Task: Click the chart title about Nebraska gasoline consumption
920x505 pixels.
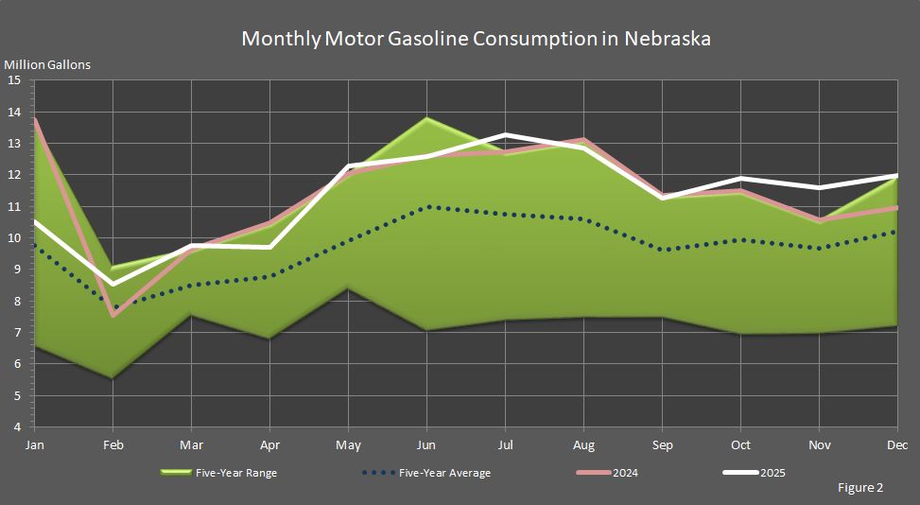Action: (x=476, y=39)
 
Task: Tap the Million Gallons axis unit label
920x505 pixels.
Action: (x=47, y=65)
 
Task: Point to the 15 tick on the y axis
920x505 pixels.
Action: (x=14, y=80)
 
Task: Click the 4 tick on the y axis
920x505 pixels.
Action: (x=16, y=427)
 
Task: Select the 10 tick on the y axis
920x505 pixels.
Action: (x=14, y=238)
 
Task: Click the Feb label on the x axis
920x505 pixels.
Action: (x=113, y=444)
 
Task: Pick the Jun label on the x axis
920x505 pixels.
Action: (x=426, y=444)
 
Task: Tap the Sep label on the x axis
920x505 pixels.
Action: (x=662, y=444)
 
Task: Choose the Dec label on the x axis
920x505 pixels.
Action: (x=897, y=444)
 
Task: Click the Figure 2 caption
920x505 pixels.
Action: (x=859, y=488)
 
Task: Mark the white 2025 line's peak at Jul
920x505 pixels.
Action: (x=506, y=134)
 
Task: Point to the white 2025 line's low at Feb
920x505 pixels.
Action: (x=113, y=284)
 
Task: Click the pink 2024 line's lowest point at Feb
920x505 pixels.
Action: (x=113, y=315)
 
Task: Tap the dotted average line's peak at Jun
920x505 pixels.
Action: (x=427, y=206)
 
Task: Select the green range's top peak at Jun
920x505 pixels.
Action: (x=427, y=118)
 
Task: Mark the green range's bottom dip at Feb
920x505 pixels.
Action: (x=113, y=378)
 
